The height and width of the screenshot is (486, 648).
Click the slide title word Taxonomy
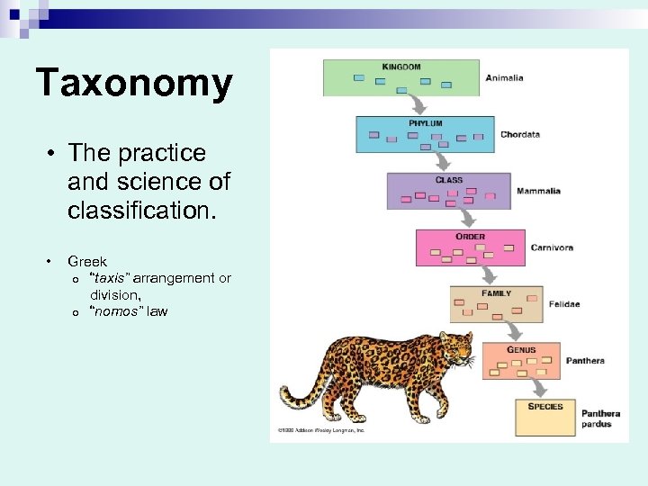(134, 84)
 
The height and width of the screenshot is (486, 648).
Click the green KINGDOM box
(401, 78)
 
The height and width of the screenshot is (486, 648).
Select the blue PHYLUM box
(425, 134)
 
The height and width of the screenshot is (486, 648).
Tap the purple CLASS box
(448, 191)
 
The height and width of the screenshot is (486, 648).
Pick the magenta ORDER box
(470, 247)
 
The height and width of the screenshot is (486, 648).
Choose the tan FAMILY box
(496, 304)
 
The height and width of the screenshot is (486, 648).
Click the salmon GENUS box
(521, 360)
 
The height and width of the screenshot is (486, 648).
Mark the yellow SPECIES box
(544, 417)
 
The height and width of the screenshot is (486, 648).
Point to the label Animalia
(504, 78)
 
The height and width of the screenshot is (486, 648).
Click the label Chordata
(520, 135)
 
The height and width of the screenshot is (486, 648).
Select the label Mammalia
(538, 191)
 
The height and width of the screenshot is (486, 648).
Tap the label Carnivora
(552, 247)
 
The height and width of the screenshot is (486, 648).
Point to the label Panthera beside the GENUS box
(585, 361)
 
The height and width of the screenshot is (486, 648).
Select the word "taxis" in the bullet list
(110, 278)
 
